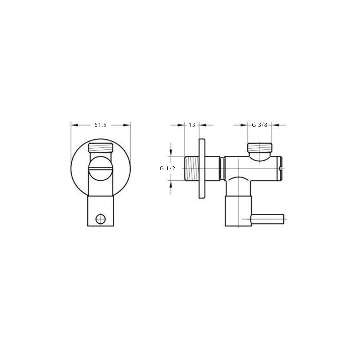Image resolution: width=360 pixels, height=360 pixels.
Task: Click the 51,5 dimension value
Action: [100, 125]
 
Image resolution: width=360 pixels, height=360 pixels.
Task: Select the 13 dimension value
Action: [192, 125]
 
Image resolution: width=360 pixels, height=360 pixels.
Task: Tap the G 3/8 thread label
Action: [259, 125]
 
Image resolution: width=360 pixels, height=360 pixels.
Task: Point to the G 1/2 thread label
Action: [167, 168]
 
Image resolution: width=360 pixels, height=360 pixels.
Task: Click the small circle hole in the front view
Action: [100, 219]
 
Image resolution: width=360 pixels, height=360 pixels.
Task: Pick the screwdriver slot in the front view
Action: [100, 168]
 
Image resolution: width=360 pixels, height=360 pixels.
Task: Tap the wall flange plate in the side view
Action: [202, 168]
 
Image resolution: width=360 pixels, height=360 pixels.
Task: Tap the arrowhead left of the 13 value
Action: [181, 125]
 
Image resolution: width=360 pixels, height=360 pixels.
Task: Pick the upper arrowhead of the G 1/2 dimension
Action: [171, 152]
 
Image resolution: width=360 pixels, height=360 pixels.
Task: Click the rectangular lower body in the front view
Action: [100, 211]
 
